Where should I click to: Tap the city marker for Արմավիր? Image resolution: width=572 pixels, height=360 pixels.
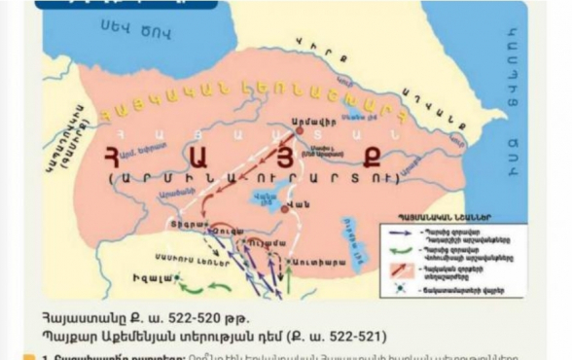pyautogui.click(x=301, y=129)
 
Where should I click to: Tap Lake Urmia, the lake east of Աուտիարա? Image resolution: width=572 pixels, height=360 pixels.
pyautogui.click(x=357, y=229)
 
